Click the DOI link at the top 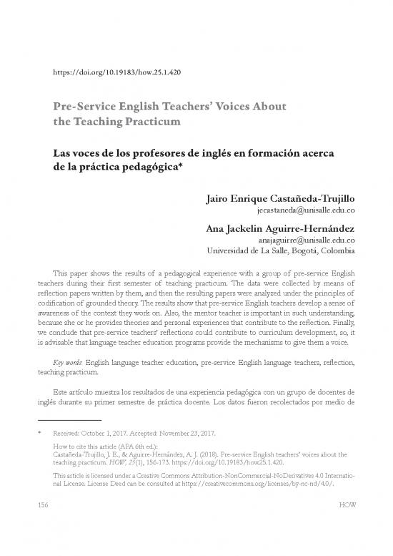[x=116, y=72]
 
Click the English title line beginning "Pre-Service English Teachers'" [x=170, y=107]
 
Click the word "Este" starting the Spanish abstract [x=64, y=395]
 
